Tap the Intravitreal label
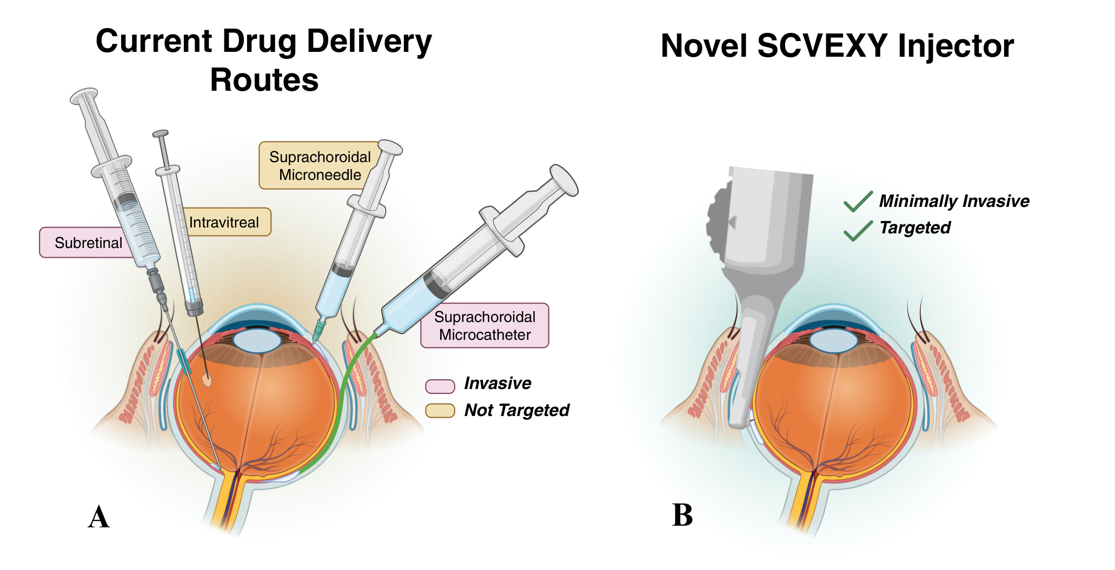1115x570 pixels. pyautogui.click(x=224, y=222)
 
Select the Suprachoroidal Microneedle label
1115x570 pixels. pyautogui.click(x=316, y=165)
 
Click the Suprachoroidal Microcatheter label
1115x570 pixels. pyautogui.click(x=485, y=325)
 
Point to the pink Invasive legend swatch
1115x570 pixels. pyautogui.click(x=440, y=386)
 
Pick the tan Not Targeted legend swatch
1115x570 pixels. pyautogui.click(x=440, y=411)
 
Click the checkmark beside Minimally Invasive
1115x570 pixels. pyautogui.click(x=858, y=202)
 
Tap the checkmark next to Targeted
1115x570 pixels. pyautogui.click(x=858, y=231)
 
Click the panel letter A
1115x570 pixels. pyautogui.click(x=99, y=517)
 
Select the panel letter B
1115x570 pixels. pyautogui.click(x=682, y=515)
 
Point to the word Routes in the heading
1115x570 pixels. pyautogui.click(x=264, y=80)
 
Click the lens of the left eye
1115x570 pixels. pyautogui.click(x=257, y=341)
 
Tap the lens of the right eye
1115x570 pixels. pyautogui.click(x=833, y=341)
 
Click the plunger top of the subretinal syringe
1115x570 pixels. pyautogui.click(x=84, y=96)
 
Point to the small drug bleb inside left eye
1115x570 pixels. pyautogui.click(x=207, y=380)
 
